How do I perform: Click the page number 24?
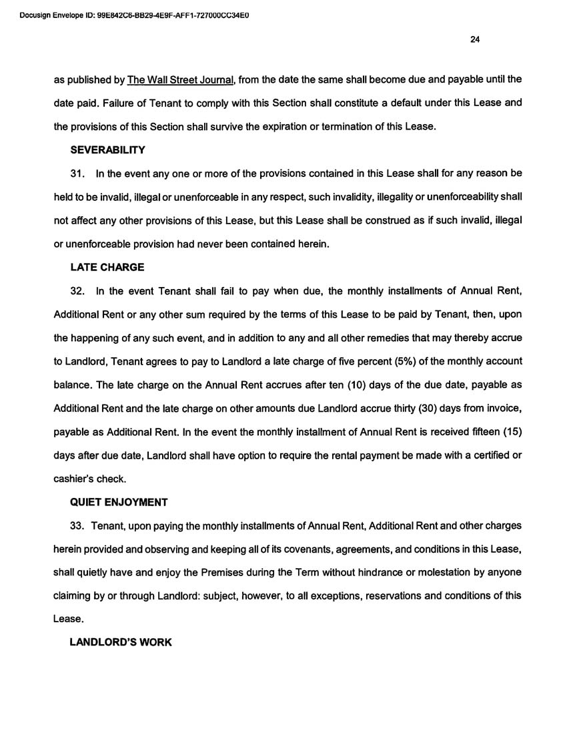(475, 39)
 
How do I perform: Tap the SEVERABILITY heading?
(108, 150)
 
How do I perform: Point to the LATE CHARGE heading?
(107, 267)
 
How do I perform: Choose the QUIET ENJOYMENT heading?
(119, 501)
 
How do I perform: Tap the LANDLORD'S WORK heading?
(121, 642)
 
